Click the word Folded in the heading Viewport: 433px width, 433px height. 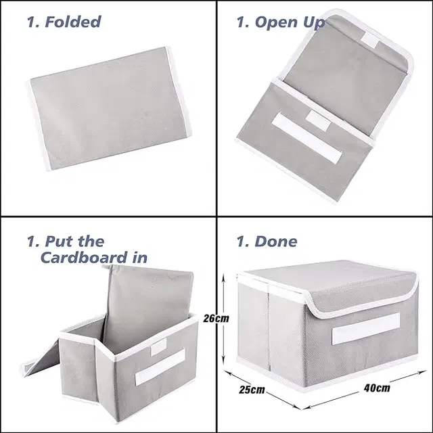coord(73,22)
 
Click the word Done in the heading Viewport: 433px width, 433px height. coord(276,241)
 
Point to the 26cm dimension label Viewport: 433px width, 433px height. coord(216,318)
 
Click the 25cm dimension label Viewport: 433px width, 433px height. coord(252,390)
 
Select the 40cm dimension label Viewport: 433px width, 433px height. coord(377,388)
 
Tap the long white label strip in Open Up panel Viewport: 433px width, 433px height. coord(306,137)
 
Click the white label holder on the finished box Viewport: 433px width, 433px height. coord(366,328)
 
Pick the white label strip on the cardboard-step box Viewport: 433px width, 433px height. coord(160,367)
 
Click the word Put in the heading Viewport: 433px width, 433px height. coord(60,242)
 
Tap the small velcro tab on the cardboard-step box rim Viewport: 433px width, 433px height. coord(158,347)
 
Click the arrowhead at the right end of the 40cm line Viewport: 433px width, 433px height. coord(423,372)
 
